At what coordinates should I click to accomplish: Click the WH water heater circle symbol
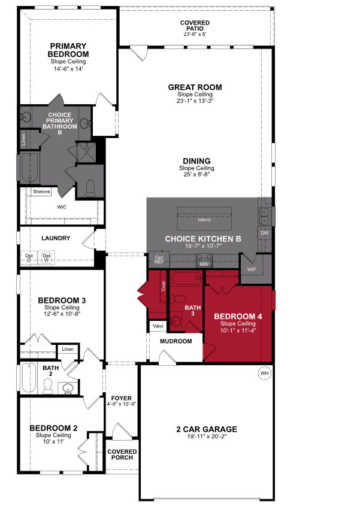264,374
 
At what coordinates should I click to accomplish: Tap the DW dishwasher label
264,232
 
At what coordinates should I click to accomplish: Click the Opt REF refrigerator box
159,259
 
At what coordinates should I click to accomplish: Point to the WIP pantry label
252,270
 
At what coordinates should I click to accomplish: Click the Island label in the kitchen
204,220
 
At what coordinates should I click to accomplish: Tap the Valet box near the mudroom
158,326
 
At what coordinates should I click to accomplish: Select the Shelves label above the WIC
41,192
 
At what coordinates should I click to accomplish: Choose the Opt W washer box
46,258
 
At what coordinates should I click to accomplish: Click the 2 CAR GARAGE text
207,429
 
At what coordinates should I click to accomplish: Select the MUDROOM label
176,341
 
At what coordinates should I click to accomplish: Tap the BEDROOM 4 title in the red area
238,316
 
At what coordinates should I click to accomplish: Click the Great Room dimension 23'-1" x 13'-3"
195,101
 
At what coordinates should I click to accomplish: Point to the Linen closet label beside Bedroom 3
66,348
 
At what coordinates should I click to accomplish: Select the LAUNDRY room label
56,238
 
